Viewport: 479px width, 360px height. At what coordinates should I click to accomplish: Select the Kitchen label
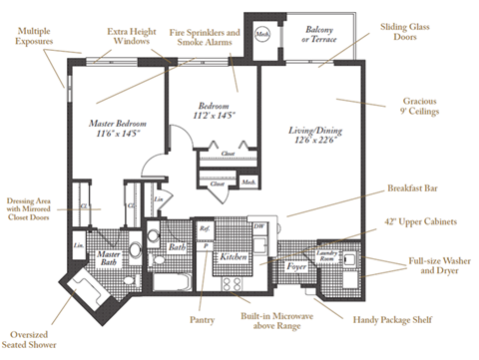(x=234, y=257)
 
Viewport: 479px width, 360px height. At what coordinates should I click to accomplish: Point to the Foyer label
(x=296, y=266)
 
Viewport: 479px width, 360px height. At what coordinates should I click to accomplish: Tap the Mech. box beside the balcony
(x=261, y=33)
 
